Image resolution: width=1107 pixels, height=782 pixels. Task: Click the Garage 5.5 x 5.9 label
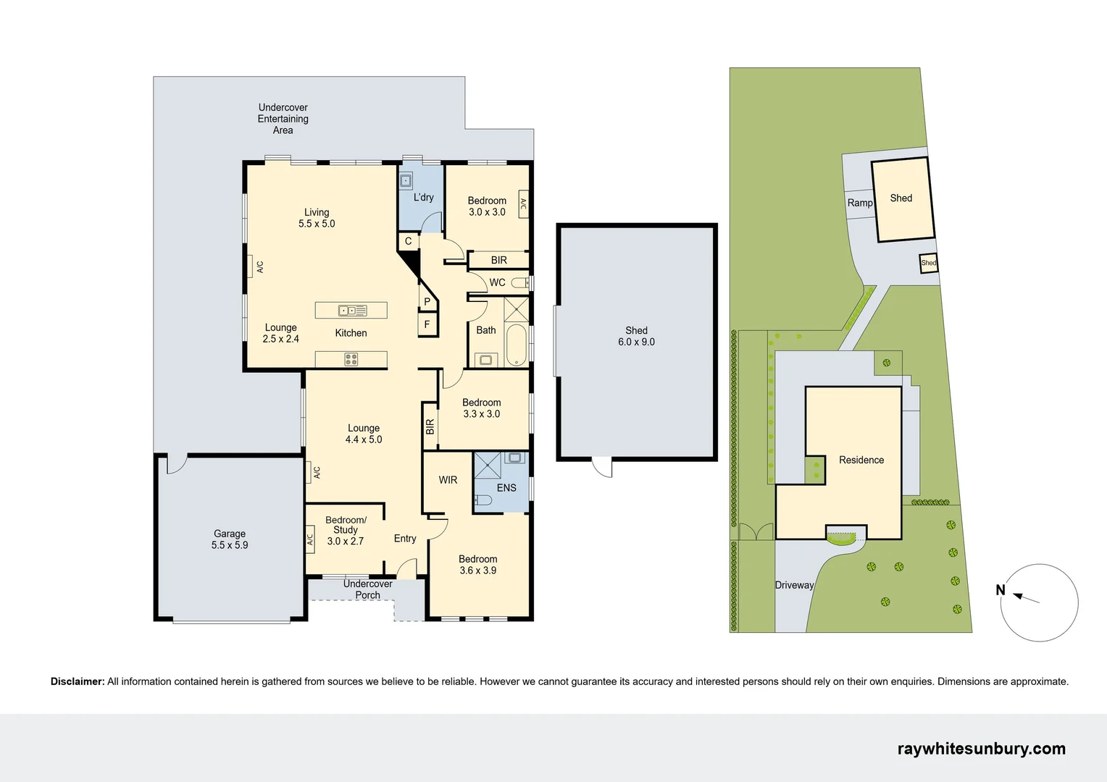[230, 539]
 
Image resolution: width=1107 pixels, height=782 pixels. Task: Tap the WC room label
[497, 282]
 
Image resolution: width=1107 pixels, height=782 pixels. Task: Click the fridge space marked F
[427, 324]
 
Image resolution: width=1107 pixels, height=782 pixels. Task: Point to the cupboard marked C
[408, 242]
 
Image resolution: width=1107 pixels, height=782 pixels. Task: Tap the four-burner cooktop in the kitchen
[351, 359]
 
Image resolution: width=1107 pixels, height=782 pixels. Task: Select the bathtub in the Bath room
[517, 345]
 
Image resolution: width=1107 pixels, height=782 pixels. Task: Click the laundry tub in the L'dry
[406, 181]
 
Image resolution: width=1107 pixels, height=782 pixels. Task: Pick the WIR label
[448, 479]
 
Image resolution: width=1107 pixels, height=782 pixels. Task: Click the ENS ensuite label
[506, 487]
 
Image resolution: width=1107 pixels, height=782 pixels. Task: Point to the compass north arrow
[1026, 598]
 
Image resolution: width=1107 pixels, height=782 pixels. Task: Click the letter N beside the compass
[1001, 590]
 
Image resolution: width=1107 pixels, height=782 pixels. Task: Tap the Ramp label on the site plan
[860, 203]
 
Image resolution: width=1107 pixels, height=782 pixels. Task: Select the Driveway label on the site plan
[794, 585]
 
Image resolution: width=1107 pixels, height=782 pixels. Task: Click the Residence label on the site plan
[861, 460]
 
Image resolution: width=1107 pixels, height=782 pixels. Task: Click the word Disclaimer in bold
[78, 682]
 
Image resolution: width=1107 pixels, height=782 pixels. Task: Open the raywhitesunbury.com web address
[982, 749]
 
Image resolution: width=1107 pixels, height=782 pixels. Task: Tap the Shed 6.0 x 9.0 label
[637, 336]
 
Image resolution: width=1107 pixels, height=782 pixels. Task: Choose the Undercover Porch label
[368, 589]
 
